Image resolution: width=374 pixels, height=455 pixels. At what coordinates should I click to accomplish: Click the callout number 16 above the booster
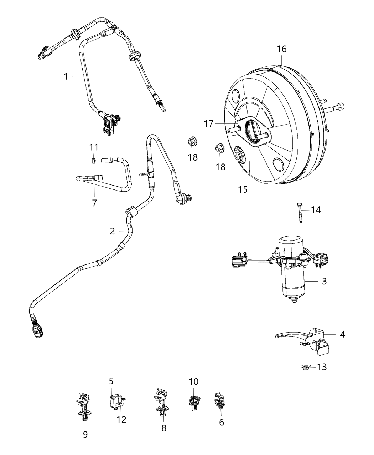click(x=281, y=49)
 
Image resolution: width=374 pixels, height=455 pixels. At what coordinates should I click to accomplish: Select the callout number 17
click(x=209, y=124)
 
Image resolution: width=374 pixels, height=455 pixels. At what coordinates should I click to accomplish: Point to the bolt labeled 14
click(x=300, y=213)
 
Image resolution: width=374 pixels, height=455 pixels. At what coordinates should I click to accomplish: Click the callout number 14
click(x=316, y=210)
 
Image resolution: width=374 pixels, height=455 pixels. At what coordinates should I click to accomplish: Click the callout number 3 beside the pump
click(x=324, y=281)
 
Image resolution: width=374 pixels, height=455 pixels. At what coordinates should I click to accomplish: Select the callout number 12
click(x=121, y=419)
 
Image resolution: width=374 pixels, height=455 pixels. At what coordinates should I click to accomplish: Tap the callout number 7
click(x=94, y=203)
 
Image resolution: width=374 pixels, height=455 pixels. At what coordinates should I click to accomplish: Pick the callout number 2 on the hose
click(x=112, y=231)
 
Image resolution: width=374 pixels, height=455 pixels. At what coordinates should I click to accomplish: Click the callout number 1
click(x=66, y=76)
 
